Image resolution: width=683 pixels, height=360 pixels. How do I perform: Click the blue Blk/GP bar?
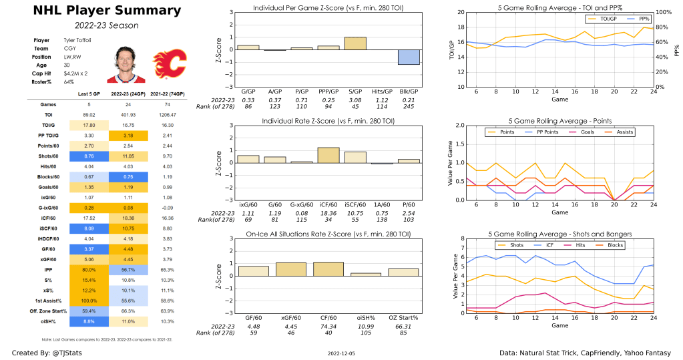point(409,57)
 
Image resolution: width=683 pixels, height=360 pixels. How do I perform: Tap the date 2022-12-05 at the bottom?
point(341,351)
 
